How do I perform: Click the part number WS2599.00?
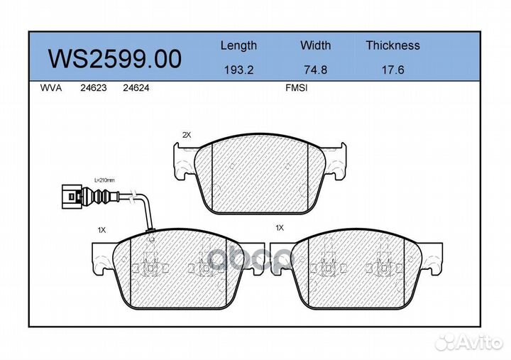coord(114,59)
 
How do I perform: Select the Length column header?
coord(238,45)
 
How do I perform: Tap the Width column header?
coord(315,45)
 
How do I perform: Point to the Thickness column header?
coord(392,45)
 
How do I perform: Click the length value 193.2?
coord(239,70)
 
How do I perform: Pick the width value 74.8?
coord(315,70)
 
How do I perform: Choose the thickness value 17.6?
coord(392,70)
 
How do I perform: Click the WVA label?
coord(51,88)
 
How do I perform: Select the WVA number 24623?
coord(94,88)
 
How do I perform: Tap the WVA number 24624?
coord(136,88)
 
